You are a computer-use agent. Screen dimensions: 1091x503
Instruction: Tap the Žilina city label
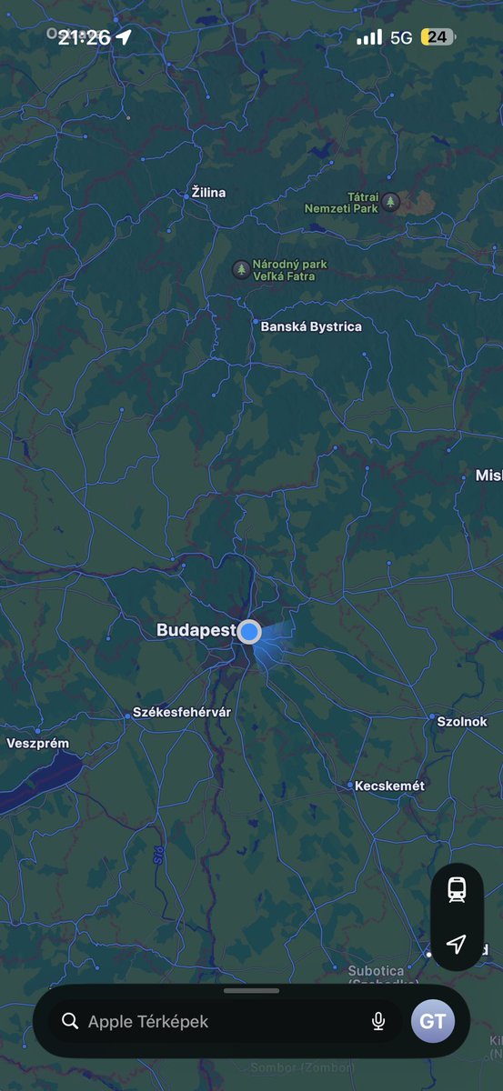[x=208, y=193]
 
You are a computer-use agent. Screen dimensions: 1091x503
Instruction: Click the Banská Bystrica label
[x=310, y=326]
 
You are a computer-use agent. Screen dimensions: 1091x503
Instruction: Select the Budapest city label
[x=196, y=630]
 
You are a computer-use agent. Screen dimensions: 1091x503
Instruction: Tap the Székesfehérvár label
[x=182, y=712]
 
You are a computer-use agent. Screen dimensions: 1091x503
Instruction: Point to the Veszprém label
[x=37, y=743]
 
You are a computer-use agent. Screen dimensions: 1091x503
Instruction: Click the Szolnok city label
[x=462, y=721]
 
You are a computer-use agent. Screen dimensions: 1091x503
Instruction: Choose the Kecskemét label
[x=389, y=785]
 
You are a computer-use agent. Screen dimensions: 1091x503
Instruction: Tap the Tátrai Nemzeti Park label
[x=341, y=202]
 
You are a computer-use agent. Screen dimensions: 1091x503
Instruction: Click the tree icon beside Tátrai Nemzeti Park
[x=390, y=202]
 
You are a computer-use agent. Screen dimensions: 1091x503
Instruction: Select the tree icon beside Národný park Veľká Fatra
[x=240, y=269]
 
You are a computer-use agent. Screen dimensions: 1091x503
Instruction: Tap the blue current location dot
[x=249, y=632]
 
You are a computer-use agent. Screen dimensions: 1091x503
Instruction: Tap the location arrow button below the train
[x=457, y=944]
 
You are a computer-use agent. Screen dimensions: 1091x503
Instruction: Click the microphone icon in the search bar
[x=378, y=1021]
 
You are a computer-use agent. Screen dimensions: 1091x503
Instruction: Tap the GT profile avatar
[x=432, y=1021]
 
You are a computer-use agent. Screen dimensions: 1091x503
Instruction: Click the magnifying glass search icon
[x=70, y=1021]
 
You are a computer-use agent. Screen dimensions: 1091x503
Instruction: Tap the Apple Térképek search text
[x=148, y=1022]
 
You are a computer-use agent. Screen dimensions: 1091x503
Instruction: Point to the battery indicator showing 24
[x=438, y=37]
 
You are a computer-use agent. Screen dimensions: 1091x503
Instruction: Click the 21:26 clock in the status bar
[x=84, y=37]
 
